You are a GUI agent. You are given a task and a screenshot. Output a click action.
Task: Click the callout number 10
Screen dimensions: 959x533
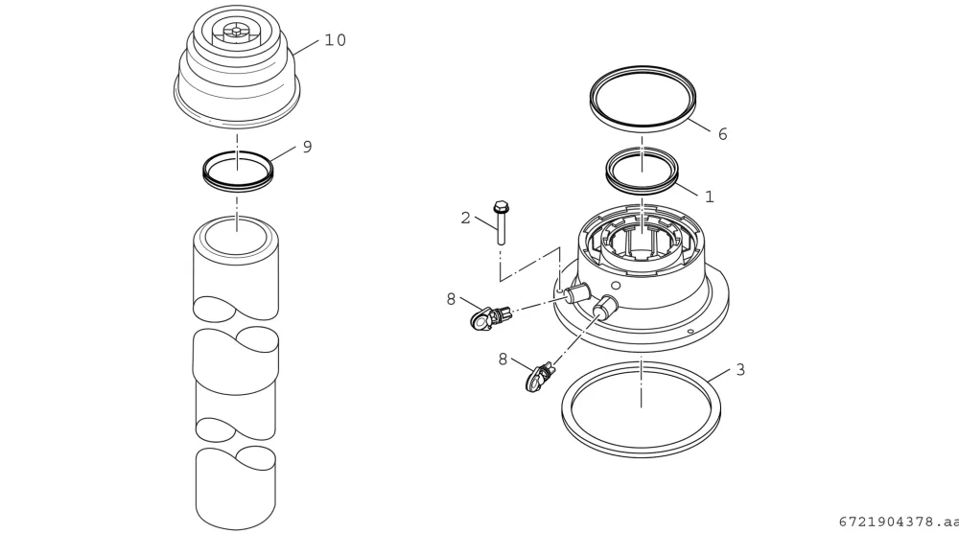335,40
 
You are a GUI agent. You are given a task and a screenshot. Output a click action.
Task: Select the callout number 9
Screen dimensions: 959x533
307,147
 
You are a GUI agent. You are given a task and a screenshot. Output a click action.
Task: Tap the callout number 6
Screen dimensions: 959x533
722,134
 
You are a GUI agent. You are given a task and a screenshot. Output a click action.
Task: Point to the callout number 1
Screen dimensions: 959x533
710,197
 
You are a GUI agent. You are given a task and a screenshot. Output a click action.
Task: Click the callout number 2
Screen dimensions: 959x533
465,219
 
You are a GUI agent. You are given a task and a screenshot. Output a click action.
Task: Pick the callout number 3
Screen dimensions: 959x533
740,370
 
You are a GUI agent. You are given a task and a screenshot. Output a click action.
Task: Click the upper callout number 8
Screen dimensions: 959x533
451,299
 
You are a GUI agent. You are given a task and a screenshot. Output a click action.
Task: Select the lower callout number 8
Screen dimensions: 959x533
503,359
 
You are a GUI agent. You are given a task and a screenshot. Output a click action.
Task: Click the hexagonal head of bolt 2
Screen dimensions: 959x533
501,207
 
